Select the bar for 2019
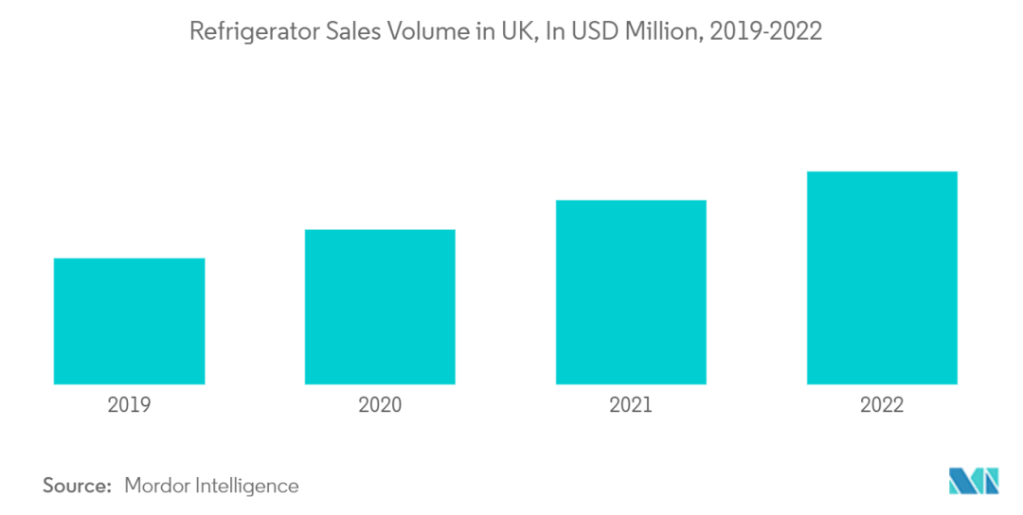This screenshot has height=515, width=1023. tap(129, 321)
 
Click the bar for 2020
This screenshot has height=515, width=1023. tap(380, 307)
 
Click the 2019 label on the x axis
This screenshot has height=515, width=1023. tap(129, 405)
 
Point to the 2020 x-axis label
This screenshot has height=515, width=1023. tap(380, 405)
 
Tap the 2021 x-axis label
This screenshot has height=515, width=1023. tap(631, 405)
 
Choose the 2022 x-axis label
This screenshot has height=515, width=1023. tap(882, 405)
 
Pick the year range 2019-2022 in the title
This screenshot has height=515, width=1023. tap(763, 31)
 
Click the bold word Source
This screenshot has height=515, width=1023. tap(76, 486)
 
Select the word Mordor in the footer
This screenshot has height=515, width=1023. tap(157, 486)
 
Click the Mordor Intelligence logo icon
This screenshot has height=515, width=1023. tap(972, 481)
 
